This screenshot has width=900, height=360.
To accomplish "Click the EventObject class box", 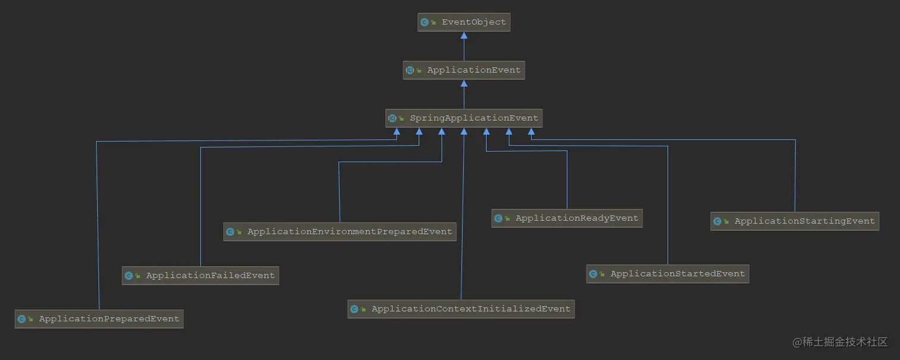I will [464, 22].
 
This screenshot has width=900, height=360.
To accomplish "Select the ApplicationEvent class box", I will [464, 70].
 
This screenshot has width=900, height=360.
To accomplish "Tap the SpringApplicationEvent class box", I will [464, 118].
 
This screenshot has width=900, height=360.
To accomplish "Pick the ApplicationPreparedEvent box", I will [99, 319].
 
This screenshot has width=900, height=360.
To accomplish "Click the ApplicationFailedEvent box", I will [200, 276].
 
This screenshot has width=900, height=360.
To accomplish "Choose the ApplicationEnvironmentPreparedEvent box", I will [339, 231].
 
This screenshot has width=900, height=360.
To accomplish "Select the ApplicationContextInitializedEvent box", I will [461, 309].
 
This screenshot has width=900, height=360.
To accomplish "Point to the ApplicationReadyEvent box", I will [567, 218].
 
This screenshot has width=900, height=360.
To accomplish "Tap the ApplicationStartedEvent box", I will [667, 274].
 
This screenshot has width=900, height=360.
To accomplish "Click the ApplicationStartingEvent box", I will [795, 221].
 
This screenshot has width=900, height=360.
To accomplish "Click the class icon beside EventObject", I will [424, 22].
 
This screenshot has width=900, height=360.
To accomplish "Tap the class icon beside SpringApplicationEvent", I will [392, 118].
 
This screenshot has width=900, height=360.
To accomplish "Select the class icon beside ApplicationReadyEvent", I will [498, 218].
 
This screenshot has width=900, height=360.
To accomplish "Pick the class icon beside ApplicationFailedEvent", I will [129, 276].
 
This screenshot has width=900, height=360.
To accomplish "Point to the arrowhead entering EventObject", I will [464, 35].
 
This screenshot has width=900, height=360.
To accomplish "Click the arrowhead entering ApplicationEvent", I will [464, 83].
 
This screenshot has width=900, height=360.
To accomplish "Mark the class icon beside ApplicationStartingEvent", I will [717, 221].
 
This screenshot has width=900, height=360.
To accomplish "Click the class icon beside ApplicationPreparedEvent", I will [21, 319].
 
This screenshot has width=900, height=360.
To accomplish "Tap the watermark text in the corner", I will [840, 342].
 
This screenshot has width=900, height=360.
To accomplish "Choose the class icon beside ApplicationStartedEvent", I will [593, 274].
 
